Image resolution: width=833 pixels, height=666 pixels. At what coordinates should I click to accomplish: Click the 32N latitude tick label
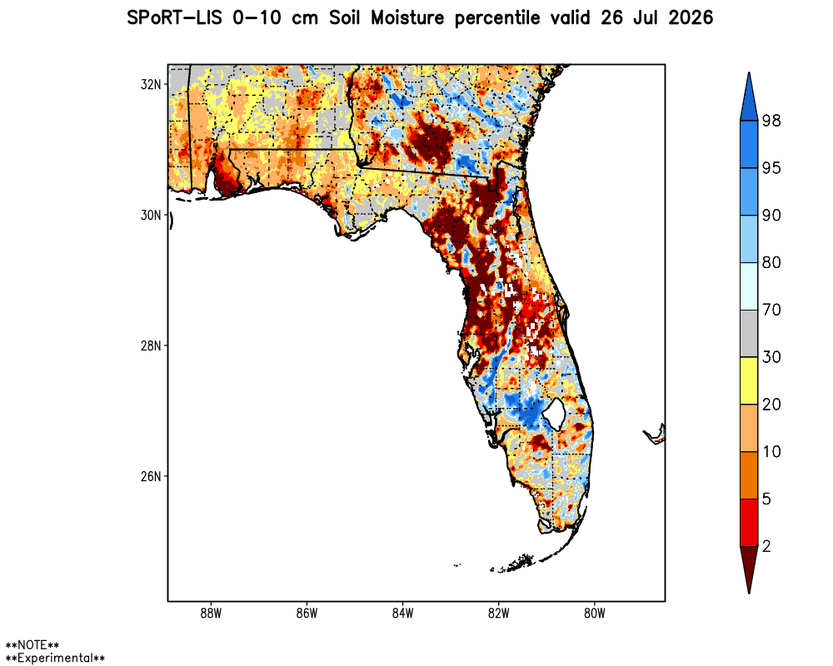point(150,84)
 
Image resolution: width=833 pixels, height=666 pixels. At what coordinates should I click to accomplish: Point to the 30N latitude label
point(150,215)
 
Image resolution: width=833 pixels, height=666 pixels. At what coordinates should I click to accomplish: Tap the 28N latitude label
point(150,345)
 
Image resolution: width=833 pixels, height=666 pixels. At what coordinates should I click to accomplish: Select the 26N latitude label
point(150,476)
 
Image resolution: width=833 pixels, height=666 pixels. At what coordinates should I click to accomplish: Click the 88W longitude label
point(211,614)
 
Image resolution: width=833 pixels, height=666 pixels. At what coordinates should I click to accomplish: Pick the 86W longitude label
point(307,614)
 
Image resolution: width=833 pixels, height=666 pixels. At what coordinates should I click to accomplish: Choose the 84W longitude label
point(402,614)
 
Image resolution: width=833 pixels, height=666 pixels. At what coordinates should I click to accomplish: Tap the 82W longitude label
point(498,614)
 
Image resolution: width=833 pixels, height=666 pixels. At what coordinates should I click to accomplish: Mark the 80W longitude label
point(595,614)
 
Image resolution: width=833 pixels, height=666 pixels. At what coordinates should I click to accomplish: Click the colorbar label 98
point(771,121)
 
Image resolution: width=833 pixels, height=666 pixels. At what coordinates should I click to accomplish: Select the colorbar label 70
point(771,310)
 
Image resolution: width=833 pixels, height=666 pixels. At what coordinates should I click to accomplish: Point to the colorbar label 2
point(766,546)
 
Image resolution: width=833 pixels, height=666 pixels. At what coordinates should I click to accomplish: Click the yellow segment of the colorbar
point(749,380)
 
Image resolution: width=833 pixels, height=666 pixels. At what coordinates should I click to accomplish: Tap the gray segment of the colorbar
point(749,334)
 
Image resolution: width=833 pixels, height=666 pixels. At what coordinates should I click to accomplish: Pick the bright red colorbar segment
point(749,523)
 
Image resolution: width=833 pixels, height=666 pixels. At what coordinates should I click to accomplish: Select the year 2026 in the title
point(691,18)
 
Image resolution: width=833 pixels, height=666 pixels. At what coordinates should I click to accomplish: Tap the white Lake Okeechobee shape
point(555,414)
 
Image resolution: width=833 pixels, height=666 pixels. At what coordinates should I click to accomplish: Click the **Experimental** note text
point(55,658)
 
